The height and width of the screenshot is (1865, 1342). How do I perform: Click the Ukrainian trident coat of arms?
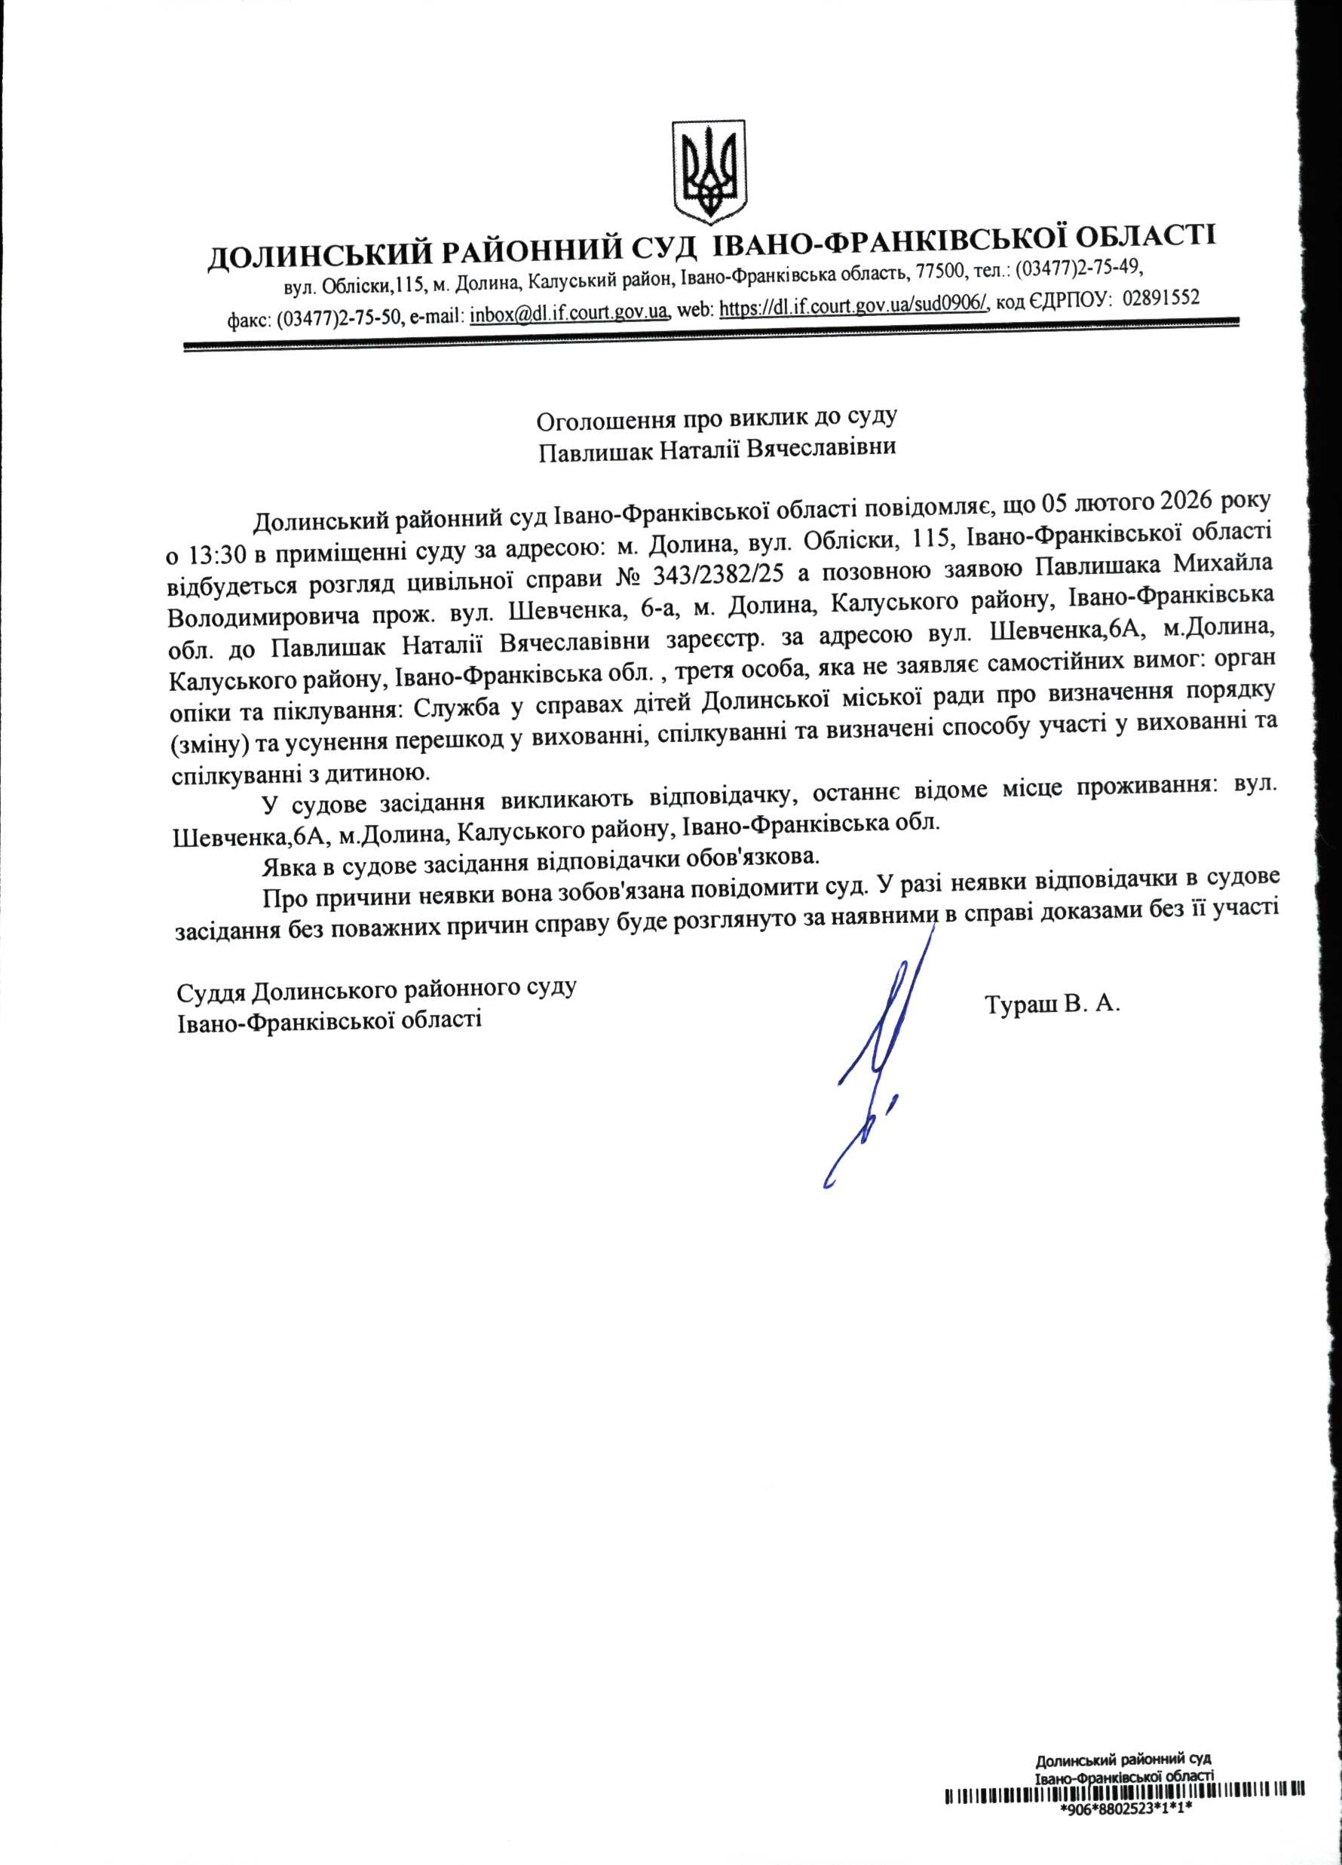click(709, 172)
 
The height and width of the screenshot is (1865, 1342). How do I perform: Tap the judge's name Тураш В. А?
click(1053, 1004)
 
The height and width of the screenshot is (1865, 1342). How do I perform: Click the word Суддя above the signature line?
click(210, 992)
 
